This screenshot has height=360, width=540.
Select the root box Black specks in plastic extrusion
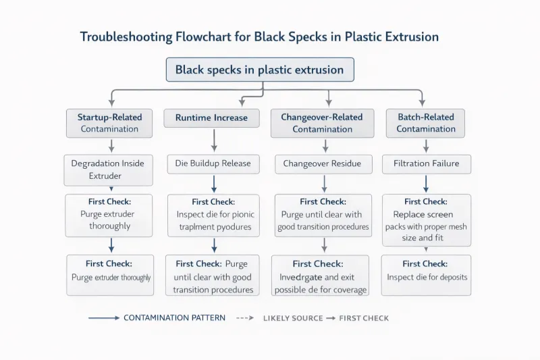(260, 70)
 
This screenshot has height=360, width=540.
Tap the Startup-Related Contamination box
(109, 123)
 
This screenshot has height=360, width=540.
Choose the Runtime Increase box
(211, 118)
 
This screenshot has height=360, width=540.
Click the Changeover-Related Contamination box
(322, 123)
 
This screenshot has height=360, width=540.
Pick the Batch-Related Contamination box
(426, 123)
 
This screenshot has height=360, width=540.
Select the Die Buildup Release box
(213, 163)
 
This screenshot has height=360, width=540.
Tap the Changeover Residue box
(322, 163)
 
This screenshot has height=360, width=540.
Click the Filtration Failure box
(426, 163)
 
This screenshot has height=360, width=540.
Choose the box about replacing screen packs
(426, 220)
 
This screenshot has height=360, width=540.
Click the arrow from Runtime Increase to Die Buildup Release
(214, 140)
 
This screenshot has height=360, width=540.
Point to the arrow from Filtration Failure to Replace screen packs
(426, 184)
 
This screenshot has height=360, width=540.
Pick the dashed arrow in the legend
(246, 317)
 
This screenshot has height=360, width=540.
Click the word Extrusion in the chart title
(410, 36)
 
